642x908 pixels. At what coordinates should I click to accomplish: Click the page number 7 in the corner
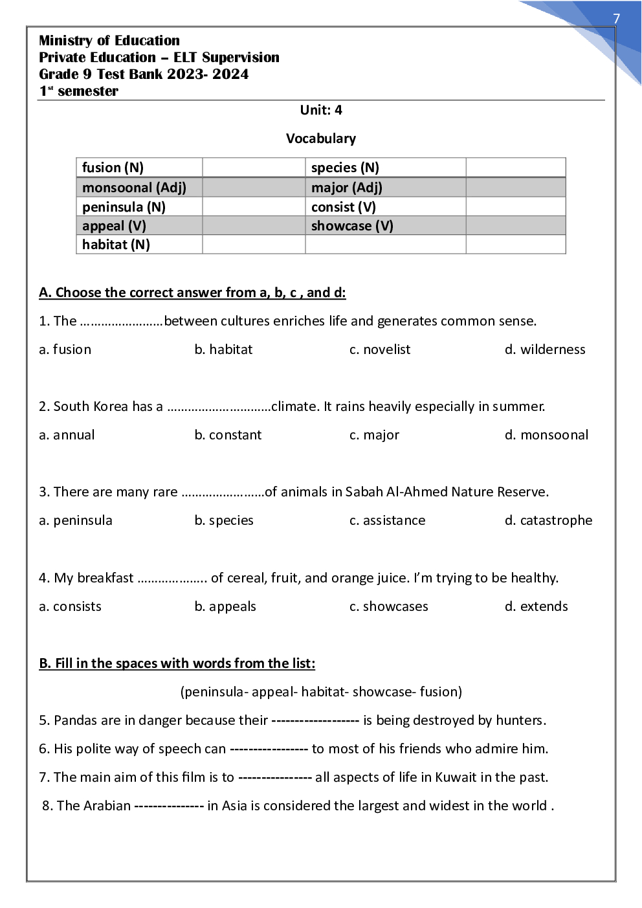pos(616,19)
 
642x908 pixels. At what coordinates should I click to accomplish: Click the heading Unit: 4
pos(321,110)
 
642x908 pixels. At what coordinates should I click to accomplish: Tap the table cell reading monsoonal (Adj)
pos(134,188)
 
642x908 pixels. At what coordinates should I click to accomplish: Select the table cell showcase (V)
pos(352,226)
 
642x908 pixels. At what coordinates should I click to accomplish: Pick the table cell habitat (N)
pos(116,245)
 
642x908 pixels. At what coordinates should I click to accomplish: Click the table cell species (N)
pos(345,168)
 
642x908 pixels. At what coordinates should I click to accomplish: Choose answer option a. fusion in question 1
pos(65,349)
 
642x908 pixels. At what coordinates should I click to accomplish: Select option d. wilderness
pos(545,349)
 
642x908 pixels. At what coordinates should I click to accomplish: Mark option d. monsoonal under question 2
pos(546,435)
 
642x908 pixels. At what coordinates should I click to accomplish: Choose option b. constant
pos(228,435)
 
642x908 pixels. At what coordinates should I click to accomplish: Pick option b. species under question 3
pos(224,520)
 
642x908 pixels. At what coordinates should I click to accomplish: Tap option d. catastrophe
pos(548,520)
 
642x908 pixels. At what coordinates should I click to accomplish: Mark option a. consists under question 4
pos(70,606)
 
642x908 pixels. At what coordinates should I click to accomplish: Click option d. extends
pos(536,606)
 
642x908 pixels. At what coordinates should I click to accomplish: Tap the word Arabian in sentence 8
pos(107,806)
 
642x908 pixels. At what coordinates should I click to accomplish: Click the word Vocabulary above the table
pos(321,138)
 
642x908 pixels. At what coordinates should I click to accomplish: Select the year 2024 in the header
pos(230,74)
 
